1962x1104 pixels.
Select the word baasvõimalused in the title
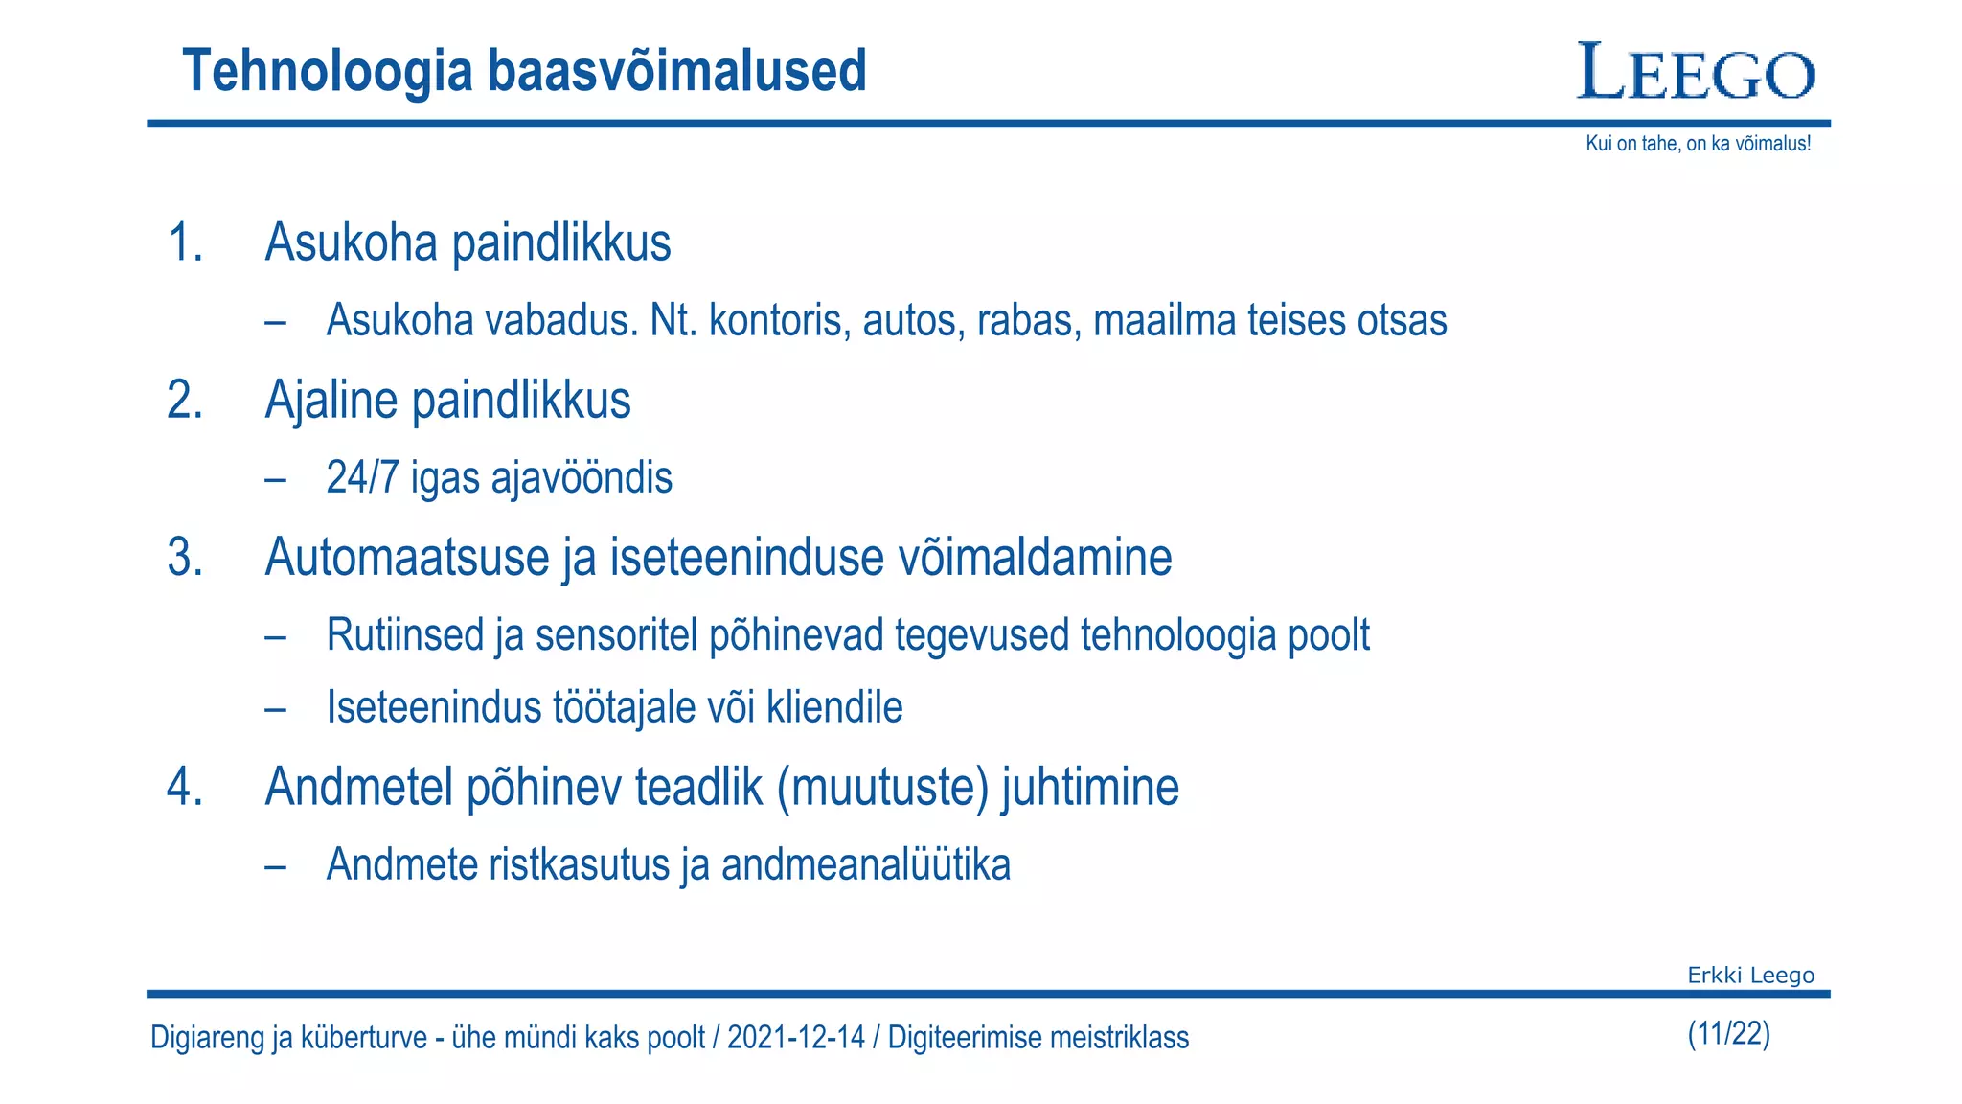click(x=676, y=71)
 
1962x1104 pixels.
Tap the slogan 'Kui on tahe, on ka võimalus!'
click(x=1698, y=144)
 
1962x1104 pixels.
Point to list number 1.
click(x=185, y=242)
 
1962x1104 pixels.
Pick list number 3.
click(x=185, y=558)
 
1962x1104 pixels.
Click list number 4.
click(x=185, y=788)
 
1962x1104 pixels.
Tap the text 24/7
click(x=362, y=477)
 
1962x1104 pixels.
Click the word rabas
click(x=1029, y=320)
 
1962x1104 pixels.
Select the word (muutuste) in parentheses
click(x=882, y=788)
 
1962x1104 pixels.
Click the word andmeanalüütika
click(x=866, y=864)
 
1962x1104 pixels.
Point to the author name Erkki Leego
click(x=1750, y=976)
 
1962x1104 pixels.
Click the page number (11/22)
click(x=1728, y=1034)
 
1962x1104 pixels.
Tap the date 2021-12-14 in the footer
click(x=795, y=1038)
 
